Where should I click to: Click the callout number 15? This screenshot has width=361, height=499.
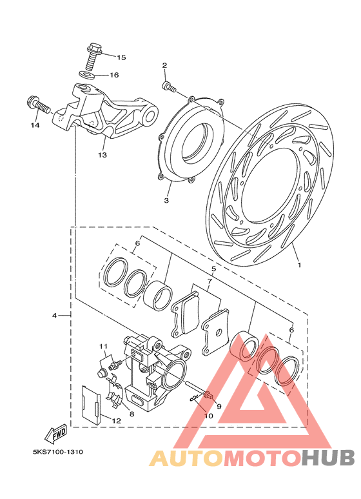click(121, 57)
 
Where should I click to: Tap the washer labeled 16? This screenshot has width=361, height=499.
click(87, 75)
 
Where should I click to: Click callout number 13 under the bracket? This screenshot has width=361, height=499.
click(102, 155)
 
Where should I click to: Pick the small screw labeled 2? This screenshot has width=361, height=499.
click(168, 87)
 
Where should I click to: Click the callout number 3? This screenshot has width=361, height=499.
click(166, 201)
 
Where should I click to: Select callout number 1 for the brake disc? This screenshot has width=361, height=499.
click(298, 264)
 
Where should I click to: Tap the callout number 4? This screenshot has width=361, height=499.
click(54, 316)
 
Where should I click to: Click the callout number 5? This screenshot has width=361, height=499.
click(213, 269)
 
